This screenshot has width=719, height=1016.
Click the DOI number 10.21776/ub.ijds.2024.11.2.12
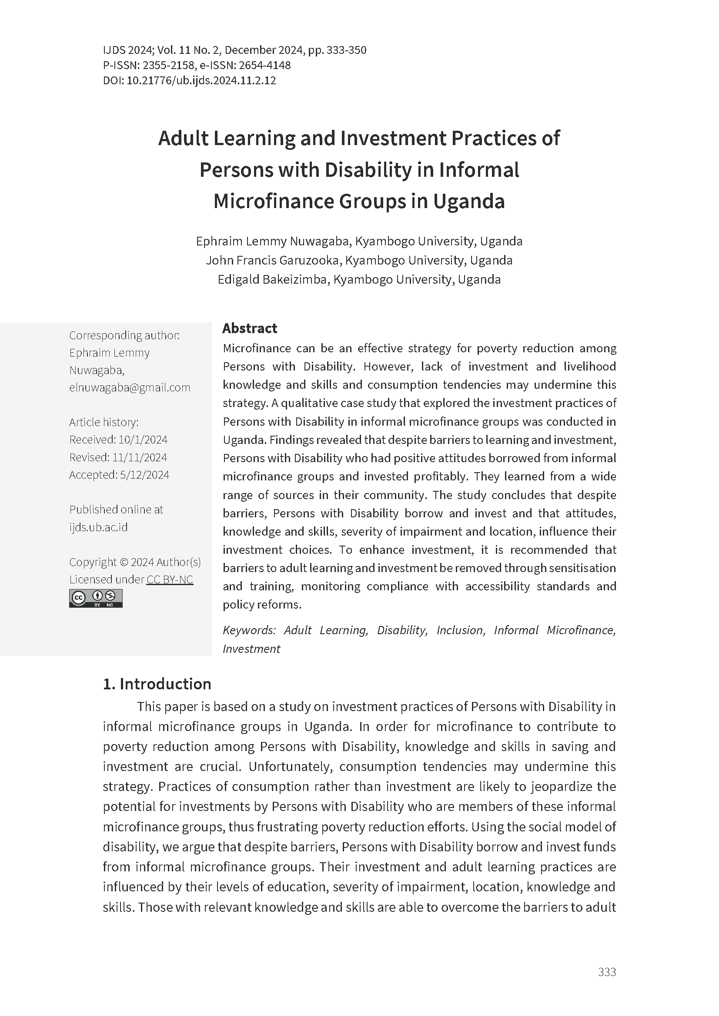pyautogui.click(x=201, y=80)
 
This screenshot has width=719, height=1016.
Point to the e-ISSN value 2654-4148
pyautogui.click(x=264, y=66)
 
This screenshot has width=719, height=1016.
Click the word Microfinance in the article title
pyautogui.click(x=273, y=202)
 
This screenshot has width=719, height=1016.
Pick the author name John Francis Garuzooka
pyautogui.click(x=272, y=260)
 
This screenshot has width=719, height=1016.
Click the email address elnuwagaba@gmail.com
pyautogui.click(x=129, y=387)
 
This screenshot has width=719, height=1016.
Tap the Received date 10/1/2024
pyautogui.click(x=143, y=440)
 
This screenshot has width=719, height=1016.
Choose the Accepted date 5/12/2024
pyautogui.click(x=144, y=475)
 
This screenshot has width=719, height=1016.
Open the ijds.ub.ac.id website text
pyautogui.click(x=98, y=527)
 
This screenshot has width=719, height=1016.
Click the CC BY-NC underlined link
pyautogui.click(x=170, y=579)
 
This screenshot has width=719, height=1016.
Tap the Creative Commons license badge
pyautogui.click(x=96, y=598)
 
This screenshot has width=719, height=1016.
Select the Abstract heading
pyautogui.click(x=249, y=328)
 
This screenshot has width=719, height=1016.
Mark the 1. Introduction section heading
pyautogui.click(x=157, y=684)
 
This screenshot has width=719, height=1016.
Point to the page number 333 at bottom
pyautogui.click(x=606, y=972)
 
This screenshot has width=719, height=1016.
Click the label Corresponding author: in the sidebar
pyautogui.click(x=124, y=335)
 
